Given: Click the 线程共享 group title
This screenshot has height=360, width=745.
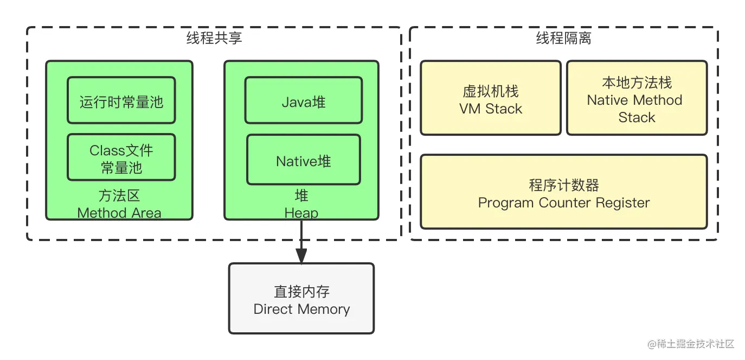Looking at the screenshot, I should tap(214, 38).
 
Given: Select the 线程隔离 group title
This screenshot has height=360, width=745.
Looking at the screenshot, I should tap(563, 38).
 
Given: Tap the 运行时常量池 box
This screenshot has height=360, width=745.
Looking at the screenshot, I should tap(121, 101).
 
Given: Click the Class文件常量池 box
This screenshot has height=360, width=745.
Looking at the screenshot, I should tap(121, 158).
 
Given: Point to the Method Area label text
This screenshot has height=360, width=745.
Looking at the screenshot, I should tap(119, 213).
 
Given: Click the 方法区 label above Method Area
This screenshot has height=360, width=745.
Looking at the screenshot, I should tap(119, 195).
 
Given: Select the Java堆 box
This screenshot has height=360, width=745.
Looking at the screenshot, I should tap(303, 101).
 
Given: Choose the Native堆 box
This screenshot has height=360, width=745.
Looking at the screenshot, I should tap(303, 161).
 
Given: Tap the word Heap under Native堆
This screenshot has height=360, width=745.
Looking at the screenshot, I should tap(301, 213).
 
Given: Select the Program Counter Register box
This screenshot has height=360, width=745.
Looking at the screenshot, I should tap(563, 192).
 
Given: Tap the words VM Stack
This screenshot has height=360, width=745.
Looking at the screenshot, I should tap(490, 109).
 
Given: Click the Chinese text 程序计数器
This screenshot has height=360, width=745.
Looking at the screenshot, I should tap(563, 185).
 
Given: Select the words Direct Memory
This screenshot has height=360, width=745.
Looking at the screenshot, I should tap(301, 309).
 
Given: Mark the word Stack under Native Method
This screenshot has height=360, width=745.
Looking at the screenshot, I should tap(637, 117).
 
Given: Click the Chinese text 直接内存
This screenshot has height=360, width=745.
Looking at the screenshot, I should tap(301, 292).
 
